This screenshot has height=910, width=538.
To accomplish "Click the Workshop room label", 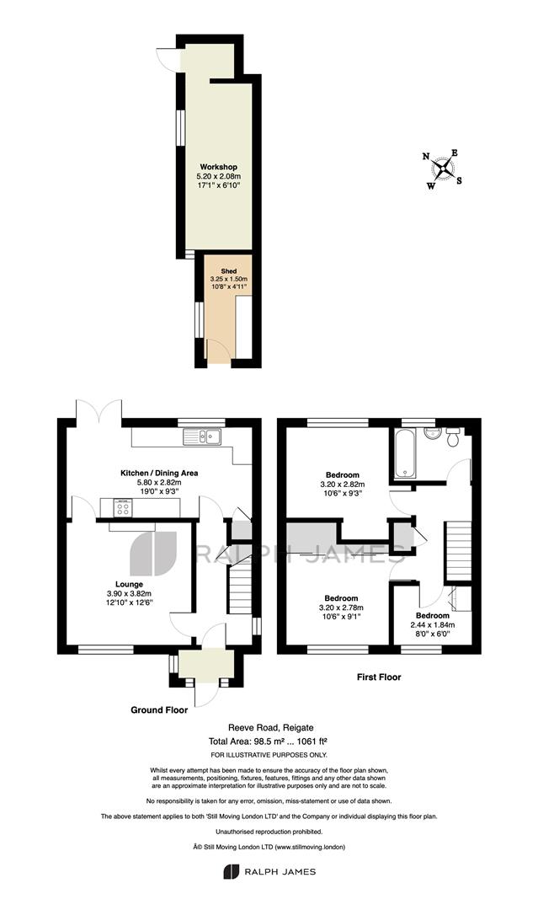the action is click(x=219, y=167).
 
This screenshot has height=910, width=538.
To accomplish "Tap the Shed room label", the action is click(x=228, y=271).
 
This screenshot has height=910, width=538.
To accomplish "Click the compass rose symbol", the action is click(x=444, y=169).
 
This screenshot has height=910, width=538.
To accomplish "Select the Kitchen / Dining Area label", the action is click(x=159, y=473).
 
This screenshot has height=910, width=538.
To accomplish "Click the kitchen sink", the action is click(x=202, y=436).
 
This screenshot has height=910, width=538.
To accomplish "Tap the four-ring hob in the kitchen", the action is click(x=123, y=508).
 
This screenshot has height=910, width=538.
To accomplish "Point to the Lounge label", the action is click(x=130, y=585).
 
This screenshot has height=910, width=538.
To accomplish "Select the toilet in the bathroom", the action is click(x=453, y=437).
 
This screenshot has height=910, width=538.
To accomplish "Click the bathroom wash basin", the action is click(x=432, y=434).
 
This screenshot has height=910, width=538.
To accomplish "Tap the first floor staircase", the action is click(x=457, y=551).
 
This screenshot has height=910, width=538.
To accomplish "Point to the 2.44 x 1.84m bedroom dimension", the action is click(x=433, y=625).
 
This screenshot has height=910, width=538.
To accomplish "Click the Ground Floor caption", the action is click(x=159, y=709).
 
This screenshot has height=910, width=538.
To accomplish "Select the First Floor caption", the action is click(x=379, y=677).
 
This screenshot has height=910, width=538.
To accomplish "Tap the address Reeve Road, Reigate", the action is click(x=271, y=727).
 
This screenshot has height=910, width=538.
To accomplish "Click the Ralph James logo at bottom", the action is click(x=269, y=871).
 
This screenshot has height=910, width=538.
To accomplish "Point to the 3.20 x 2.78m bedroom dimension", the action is click(x=342, y=608).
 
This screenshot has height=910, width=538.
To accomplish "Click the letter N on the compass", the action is click(x=426, y=156).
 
